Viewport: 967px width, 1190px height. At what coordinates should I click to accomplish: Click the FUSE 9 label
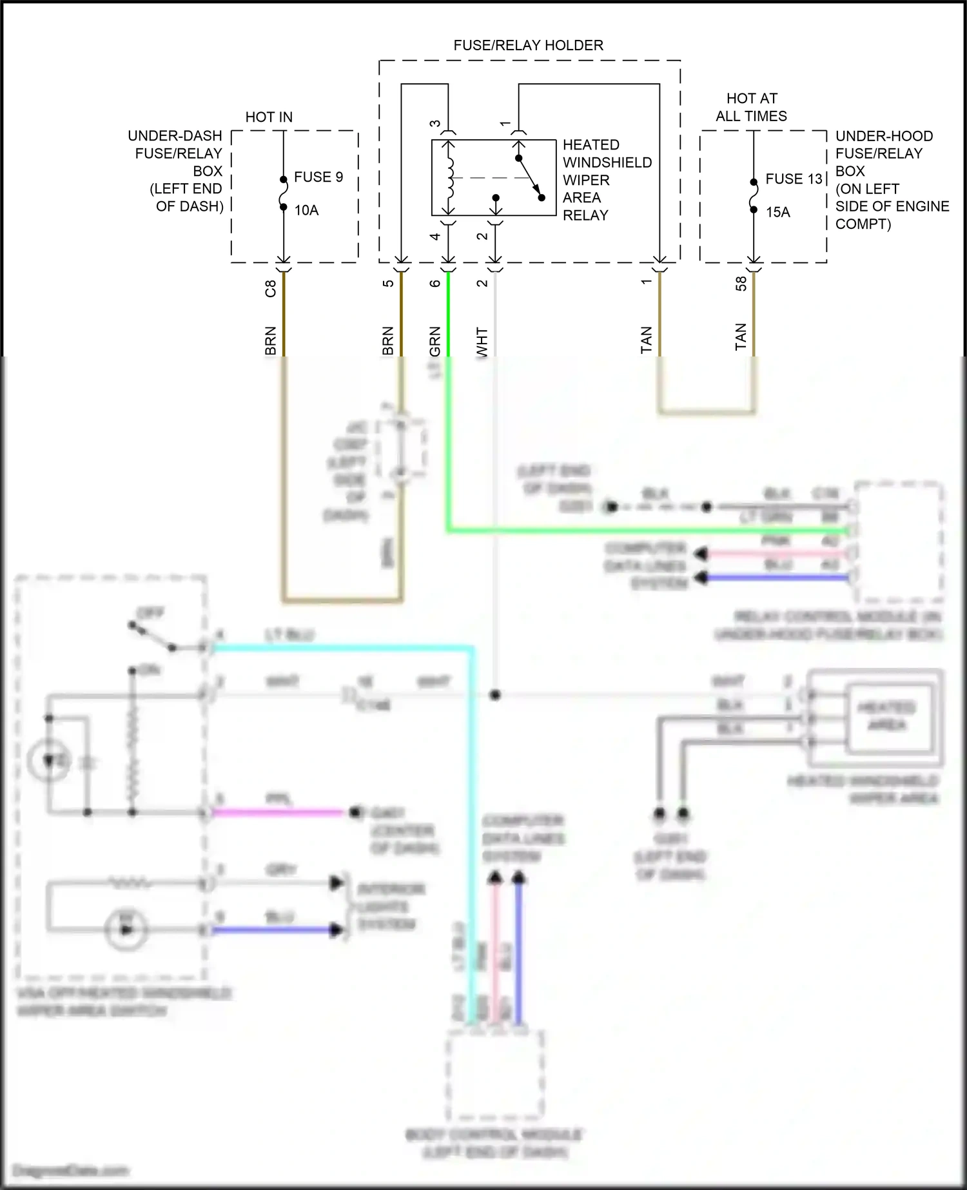pos(318,177)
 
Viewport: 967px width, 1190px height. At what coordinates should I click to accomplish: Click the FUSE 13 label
pos(794,179)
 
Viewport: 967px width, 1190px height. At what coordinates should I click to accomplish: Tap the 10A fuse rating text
pos(306,210)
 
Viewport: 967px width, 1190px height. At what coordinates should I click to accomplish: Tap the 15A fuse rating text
pos(777,212)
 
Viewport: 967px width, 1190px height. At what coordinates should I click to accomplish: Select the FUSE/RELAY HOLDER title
pos(528,45)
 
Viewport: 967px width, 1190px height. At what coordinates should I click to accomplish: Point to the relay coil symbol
pos(449,177)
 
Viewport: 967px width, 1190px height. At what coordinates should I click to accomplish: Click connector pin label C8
pos(271,288)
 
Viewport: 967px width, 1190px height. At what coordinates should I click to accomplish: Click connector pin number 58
pos(741,283)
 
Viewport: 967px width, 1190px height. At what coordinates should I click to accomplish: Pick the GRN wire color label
pos(435,341)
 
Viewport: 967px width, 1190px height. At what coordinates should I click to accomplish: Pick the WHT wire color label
pos(482,342)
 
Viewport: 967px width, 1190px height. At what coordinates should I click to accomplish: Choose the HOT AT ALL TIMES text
pos(751,107)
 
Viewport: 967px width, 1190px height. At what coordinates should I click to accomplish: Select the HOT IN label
pos(269,117)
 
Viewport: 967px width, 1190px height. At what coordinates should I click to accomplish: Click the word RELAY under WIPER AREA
pos(585,215)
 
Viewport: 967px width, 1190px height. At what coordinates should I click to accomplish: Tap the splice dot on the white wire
pos(494,695)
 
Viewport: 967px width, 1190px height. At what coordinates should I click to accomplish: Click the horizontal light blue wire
pos(342,647)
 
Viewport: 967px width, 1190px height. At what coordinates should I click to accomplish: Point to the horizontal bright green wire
pos(645,531)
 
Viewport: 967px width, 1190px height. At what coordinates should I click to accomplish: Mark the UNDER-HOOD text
pos(884,136)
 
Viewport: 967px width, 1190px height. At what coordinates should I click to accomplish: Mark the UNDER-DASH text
pos(175,136)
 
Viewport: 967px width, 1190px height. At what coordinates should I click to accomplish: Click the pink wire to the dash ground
pos(277,812)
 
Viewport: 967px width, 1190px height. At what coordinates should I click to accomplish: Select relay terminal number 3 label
pos(435,124)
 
